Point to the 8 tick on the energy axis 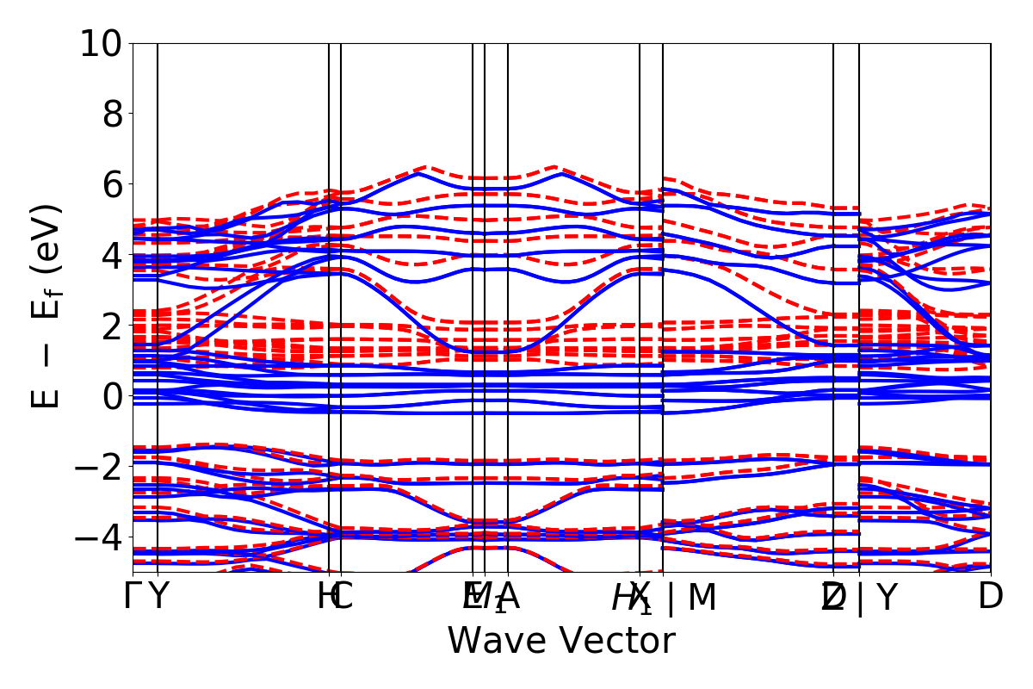tap(113, 114)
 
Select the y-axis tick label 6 tap(113, 184)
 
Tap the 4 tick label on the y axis tap(113, 255)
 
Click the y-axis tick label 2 tap(113, 326)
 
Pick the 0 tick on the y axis tap(113, 396)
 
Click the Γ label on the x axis tap(133, 597)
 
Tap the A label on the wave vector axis tap(509, 597)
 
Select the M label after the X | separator tap(702, 597)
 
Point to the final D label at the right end tap(991, 597)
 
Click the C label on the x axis tap(343, 597)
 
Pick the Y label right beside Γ tap(158, 597)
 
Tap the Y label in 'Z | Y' tap(887, 597)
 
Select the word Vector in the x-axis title tap(620, 642)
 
